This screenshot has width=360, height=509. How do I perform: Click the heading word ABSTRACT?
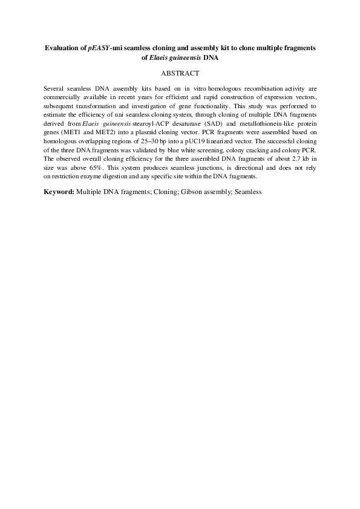click(x=180, y=73)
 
